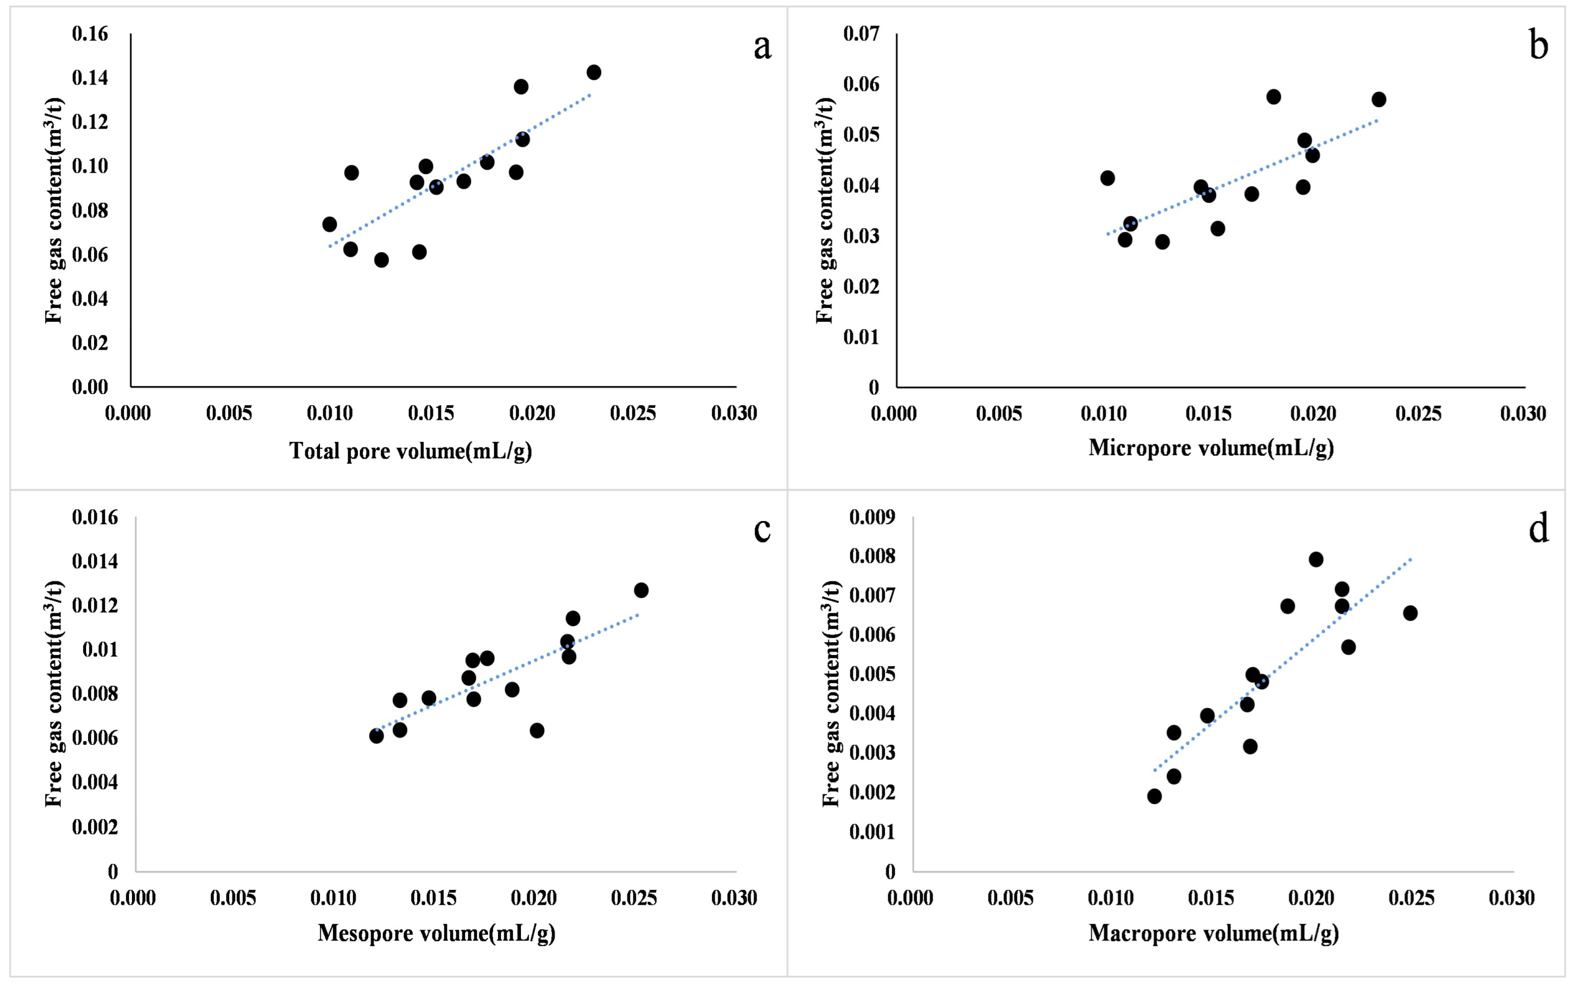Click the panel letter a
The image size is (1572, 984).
click(x=762, y=47)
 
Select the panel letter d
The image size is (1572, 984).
click(x=1538, y=530)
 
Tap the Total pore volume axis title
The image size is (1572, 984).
click(x=411, y=450)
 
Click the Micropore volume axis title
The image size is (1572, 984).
click(x=1211, y=448)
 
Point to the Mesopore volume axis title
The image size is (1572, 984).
click(x=436, y=933)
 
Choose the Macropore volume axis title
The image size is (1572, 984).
click(x=1213, y=933)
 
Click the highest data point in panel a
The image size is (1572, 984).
click(x=593, y=72)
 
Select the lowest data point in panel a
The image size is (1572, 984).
click(x=381, y=260)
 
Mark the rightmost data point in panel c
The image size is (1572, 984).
click(x=641, y=590)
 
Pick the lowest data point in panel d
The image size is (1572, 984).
click(x=1154, y=796)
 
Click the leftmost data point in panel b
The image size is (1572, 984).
click(x=1107, y=178)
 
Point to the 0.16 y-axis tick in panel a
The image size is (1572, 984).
click(x=90, y=34)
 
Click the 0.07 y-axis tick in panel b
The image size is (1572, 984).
click(x=861, y=34)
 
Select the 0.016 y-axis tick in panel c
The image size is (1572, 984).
click(x=95, y=518)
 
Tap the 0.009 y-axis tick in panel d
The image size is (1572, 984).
click(x=872, y=518)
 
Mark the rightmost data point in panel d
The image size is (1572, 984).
click(x=1410, y=613)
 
